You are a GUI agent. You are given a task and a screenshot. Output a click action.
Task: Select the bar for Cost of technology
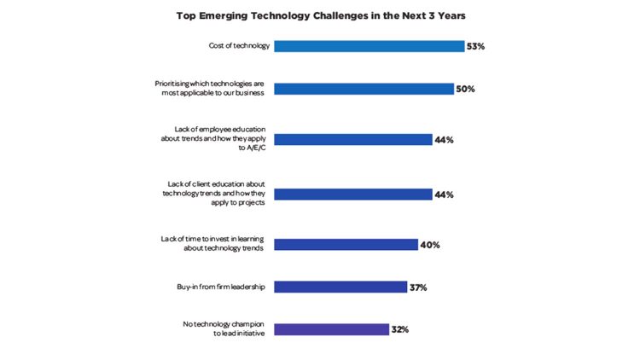click(369, 46)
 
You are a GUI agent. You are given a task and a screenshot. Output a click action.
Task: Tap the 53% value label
click(476, 46)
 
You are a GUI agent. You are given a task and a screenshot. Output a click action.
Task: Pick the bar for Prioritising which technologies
click(364, 89)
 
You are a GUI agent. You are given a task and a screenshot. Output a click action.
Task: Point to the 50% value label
click(465, 89)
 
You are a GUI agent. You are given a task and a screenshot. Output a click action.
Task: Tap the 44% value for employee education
click(444, 140)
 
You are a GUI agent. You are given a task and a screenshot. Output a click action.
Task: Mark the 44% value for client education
click(444, 195)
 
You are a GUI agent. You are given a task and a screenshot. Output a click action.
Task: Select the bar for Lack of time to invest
click(346, 245)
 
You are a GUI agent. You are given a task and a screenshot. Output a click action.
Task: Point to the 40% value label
click(429, 245)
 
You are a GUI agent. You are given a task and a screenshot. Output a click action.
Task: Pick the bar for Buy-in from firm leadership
click(340, 287)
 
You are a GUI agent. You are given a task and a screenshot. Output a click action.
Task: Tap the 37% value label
click(418, 287)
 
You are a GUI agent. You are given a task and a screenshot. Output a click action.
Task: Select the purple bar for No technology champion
click(331, 329)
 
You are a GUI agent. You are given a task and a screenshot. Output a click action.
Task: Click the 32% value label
click(400, 329)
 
